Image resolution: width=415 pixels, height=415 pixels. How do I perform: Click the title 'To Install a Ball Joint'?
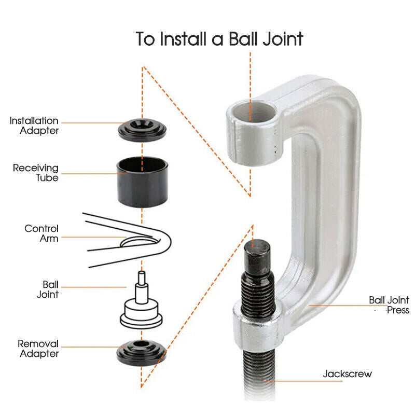(219, 39)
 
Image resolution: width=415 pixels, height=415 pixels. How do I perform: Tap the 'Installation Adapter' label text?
(34, 126)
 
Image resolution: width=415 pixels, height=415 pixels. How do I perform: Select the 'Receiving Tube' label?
(36, 173)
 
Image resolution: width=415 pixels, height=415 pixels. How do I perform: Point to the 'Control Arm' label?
(41, 233)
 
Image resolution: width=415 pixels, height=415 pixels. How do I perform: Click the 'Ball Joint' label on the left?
(48, 289)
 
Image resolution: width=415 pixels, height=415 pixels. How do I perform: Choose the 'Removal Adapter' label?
(38, 349)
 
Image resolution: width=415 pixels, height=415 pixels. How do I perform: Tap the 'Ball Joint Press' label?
(389, 305)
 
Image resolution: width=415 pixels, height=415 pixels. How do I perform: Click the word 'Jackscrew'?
(347, 374)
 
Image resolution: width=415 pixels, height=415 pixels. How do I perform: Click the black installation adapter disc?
(142, 130)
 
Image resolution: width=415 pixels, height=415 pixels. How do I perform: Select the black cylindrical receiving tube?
(142, 182)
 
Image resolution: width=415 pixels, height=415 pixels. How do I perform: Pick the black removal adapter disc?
(141, 352)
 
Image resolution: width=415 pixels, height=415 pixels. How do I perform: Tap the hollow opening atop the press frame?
(254, 112)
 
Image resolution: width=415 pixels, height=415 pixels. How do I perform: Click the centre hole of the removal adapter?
(141, 344)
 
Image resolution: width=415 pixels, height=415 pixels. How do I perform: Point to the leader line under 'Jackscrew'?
(303, 381)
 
